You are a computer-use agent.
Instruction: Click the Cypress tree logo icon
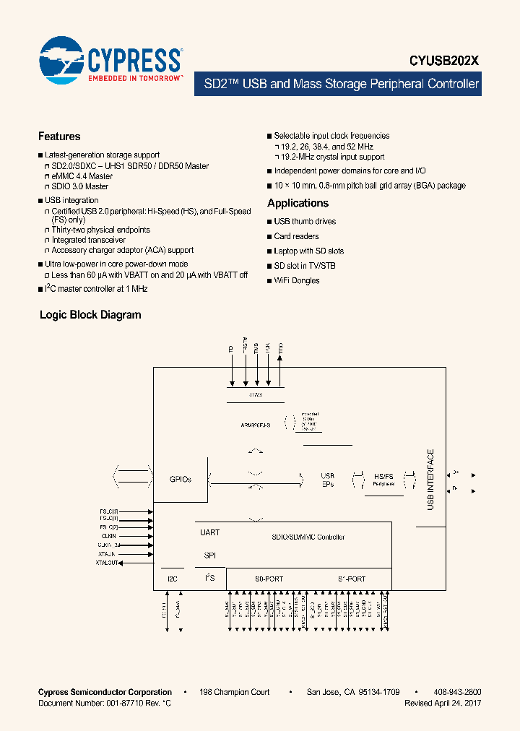[62, 58]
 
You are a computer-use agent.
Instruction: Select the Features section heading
[59, 137]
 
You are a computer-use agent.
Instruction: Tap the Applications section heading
[298, 203]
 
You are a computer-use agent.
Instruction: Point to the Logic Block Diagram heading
[90, 315]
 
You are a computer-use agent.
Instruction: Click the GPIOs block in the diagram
[180, 479]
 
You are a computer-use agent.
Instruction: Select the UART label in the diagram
[209, 532]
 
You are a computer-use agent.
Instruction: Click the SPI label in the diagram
[209, 555]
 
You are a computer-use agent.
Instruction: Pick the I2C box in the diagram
[172, 579]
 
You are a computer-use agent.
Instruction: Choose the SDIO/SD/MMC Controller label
[308, 537]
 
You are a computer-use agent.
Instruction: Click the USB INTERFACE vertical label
[431, 480]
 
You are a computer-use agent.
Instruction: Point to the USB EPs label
[327, 480]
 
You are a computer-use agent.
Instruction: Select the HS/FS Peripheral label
[383, 480]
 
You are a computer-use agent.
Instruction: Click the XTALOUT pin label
[107, 563]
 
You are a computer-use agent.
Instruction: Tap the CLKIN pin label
[109, 536]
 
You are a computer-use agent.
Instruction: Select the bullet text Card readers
[296, 236]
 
